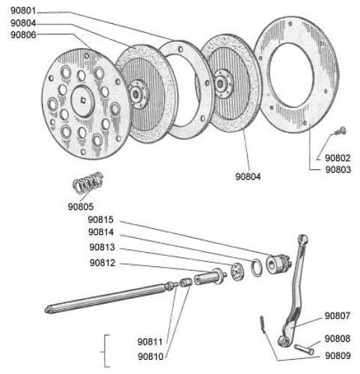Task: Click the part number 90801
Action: pyautogui.click(x=23, y=11)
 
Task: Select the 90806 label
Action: pyautogui.click(x=23, y=34)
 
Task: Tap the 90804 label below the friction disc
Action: pyautogui.click(x=248, y=177)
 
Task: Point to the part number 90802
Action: pyautogui.click(x=338, y=158)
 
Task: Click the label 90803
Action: pyautogui.click(x=338, y=170)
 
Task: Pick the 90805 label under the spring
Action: pyautogui.click(x=81, y=206)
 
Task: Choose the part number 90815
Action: pyautogui.click(x=101, y=220)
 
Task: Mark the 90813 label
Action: pyautogui.click(x=102, y=248)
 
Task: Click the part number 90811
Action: pyautogui.click(x=150, y=342)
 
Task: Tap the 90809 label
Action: pyautogui.click(x=338, y=356)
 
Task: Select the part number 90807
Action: pyautogui.click(x=338, y=316)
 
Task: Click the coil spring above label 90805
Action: pyautogui.click(x=88, y=183)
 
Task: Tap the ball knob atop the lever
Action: pyautogui.click(x=303, y=239)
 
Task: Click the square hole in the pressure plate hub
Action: pyautogui.click(x=83, y=100)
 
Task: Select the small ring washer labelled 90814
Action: pyautogui.click(x=257, y=268)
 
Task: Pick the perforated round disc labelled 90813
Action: pyautogui.click(x=237, y=272)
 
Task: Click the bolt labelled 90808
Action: pyautogui.click(x=304, y=349)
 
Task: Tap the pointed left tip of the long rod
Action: pyautogui.click(x=46, y=310)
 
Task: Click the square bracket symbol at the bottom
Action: pyautogui.click(x=106, y=351)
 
